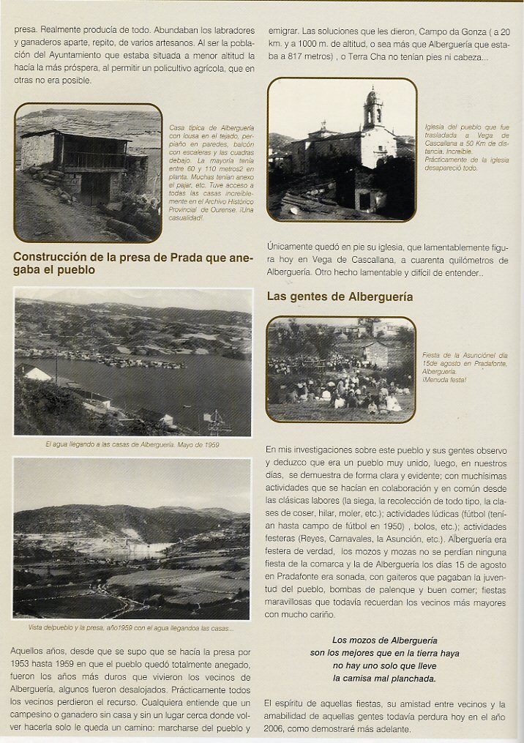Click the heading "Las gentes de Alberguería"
point(340,297)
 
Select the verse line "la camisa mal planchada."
point(384,679)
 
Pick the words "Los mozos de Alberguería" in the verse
point(384,640)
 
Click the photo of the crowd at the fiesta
point(341,370)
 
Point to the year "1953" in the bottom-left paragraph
point(27,663)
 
